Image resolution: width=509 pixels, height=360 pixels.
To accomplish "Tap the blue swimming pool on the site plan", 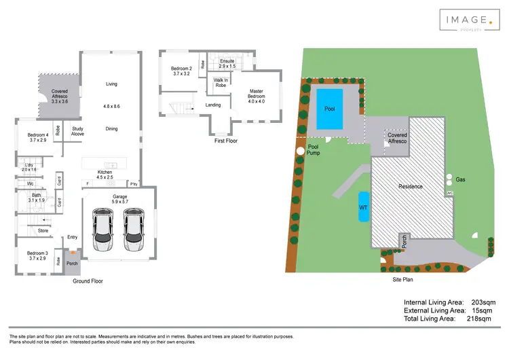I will coord(331,109).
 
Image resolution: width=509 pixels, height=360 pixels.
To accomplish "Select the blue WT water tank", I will coord(363,206).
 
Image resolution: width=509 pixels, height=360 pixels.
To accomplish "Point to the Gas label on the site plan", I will coord(460,180).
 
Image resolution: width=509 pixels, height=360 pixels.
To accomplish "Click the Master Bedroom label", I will coord(256,94).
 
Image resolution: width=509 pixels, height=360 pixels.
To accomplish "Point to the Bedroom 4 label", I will coord(37,137).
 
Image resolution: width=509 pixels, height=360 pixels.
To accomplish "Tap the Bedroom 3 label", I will coord(37,255).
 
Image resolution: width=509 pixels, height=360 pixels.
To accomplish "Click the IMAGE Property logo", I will coord(466,21).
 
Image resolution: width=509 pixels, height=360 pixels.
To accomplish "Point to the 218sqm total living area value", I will coord(480,318).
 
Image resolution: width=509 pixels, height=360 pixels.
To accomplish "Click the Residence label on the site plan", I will coord(410,186).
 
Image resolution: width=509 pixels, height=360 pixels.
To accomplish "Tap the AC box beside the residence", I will coord(449,194).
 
